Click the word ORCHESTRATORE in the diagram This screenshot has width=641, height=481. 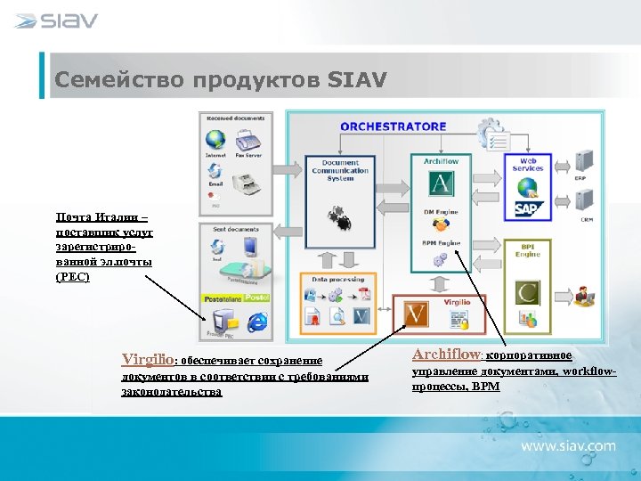(393, 126)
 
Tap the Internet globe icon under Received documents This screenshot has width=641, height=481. (215, 141)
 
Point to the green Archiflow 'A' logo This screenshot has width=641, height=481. (441, 184)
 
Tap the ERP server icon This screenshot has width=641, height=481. (585, 161)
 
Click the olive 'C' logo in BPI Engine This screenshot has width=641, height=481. (528, 293)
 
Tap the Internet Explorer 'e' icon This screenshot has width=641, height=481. (258, 322)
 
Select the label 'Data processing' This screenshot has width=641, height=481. (337, 279)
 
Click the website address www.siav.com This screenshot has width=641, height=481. (568, 444)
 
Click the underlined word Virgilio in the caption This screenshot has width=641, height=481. (147, 360)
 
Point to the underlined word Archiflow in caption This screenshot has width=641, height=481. (446, 354)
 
